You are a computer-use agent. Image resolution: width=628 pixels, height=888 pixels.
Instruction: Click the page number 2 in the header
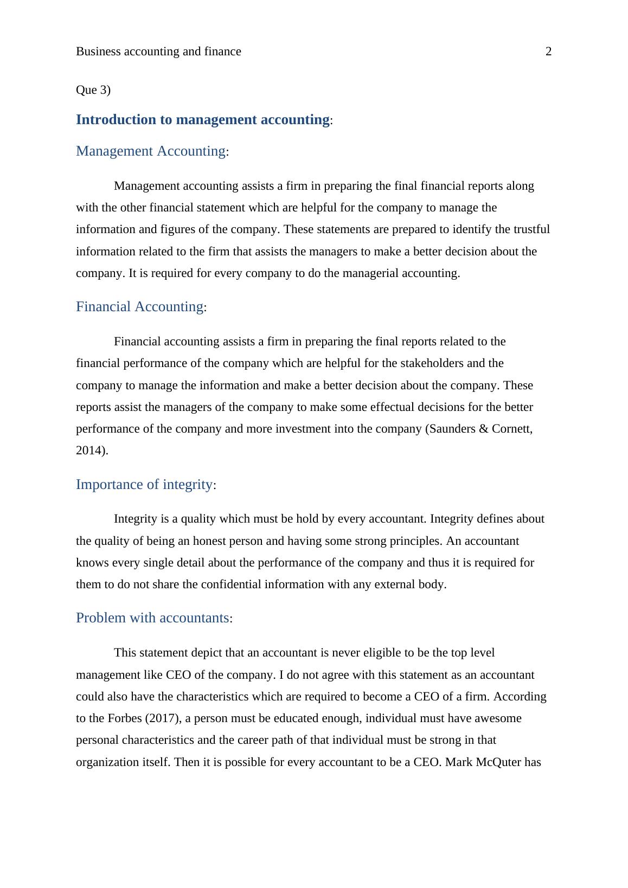pos(548,52)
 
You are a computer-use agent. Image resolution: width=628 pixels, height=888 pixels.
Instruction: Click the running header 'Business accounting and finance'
pos(158,52)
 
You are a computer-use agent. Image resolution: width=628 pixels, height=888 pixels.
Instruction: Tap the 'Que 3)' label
pos(93,90)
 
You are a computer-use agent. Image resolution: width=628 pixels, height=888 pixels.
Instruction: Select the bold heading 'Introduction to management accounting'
pos(203,120)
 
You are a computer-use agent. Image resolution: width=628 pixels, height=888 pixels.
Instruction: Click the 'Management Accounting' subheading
pos(151,151)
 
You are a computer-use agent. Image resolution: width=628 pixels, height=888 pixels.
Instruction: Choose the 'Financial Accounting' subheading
pos(139,307)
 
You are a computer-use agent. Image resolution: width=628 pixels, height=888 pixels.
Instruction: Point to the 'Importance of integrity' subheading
pos(144,485)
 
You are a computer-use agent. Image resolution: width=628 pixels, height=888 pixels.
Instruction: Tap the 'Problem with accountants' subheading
pos(152,618)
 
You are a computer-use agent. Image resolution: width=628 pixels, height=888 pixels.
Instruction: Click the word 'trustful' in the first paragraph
pos(530,229)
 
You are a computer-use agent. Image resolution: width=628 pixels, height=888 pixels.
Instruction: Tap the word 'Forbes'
pos(124,718)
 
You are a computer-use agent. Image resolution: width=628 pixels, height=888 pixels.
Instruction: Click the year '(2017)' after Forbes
pos(162,718)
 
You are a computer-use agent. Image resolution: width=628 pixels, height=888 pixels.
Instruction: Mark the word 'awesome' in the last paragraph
pos(498,718)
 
